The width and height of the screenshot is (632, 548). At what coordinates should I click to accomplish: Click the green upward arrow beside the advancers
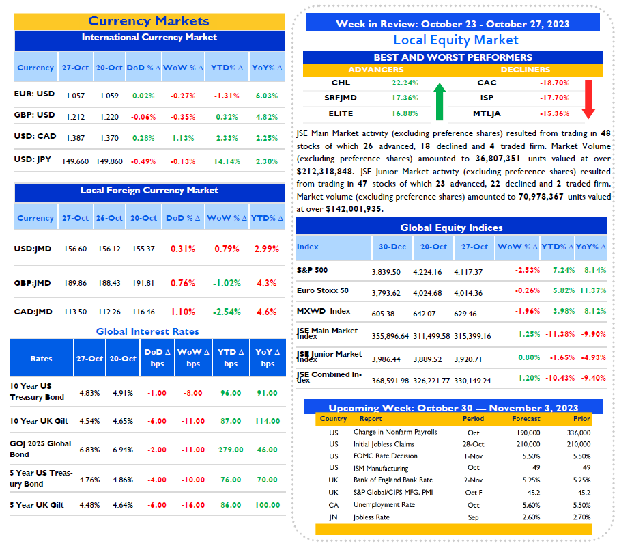click(x=440, y=102)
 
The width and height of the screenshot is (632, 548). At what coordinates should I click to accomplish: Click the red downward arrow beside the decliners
click(x=588, y=99)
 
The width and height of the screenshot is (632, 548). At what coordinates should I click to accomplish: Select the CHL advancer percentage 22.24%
click(x=405, y=83)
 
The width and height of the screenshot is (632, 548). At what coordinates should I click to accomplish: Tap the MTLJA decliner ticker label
click(x=487, y=114)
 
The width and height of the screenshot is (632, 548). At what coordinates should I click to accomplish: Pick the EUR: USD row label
click(x=34, y=94)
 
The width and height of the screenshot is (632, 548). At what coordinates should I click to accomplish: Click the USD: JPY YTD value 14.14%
click(x=227, y=161)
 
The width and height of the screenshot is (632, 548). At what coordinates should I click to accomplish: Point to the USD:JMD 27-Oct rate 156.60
click(x=75, y=249)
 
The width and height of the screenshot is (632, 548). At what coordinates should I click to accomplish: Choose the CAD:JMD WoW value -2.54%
click(x=227, y=312)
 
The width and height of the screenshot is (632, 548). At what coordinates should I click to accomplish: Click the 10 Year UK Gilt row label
click(x=39, y=421)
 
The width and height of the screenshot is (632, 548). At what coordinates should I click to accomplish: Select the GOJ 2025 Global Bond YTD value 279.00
click(x=231, y=450)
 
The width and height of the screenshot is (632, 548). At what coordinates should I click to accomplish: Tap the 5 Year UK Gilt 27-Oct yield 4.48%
click(x=89, y=505)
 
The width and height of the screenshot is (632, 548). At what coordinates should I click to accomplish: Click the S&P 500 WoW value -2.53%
click(x=527, y=270)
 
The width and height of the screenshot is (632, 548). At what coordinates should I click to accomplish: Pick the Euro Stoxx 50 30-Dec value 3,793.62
click(x=386, y=293)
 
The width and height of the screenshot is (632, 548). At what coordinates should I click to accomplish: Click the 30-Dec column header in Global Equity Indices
click(x=392, y=247)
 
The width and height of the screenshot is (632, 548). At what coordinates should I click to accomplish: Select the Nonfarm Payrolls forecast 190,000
click(x=528, y=433)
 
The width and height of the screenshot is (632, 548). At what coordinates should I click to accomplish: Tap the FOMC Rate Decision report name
click(x=386, y=456)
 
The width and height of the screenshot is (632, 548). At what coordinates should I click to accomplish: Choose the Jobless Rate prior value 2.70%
click(x=581, y=517)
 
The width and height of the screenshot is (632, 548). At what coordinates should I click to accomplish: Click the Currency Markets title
click(x=149, y=21)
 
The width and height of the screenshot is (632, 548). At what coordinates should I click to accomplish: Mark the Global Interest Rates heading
click(x=147, y=331)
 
